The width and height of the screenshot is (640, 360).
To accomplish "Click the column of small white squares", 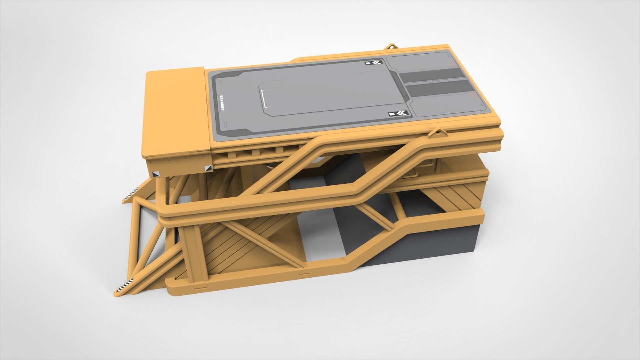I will click(222, 103).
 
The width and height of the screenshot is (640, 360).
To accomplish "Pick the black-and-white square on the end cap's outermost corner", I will click(156, 174).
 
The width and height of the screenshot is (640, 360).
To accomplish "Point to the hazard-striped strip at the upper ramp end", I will click(131, 194).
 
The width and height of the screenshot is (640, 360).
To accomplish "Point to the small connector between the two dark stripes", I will click(435, 81).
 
